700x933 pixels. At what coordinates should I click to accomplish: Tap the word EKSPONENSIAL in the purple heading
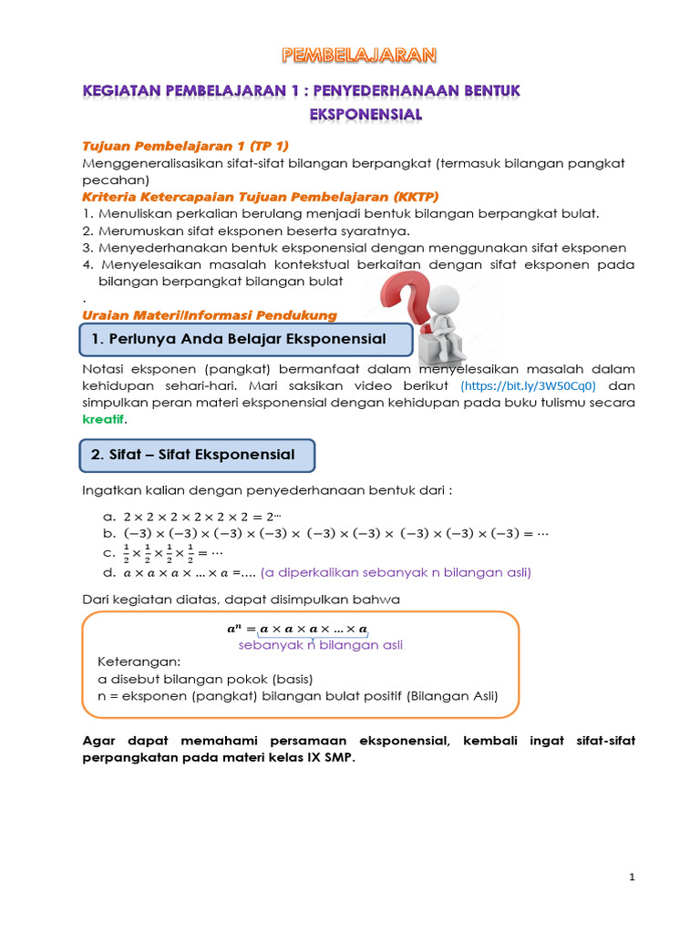point(365,114)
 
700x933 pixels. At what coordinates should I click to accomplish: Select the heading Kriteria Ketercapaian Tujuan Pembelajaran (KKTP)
point(247,197)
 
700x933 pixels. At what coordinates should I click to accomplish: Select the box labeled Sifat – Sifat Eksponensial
point(199,455)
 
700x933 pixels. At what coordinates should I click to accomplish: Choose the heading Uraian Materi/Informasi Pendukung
point(210,315)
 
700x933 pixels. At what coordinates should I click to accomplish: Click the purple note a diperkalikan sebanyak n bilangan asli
point(396,572)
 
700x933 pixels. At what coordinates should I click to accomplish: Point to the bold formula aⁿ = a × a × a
point(297,629)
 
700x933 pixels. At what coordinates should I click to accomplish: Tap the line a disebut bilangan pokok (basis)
point(205,679)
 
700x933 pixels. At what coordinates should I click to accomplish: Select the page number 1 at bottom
point(632,877)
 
